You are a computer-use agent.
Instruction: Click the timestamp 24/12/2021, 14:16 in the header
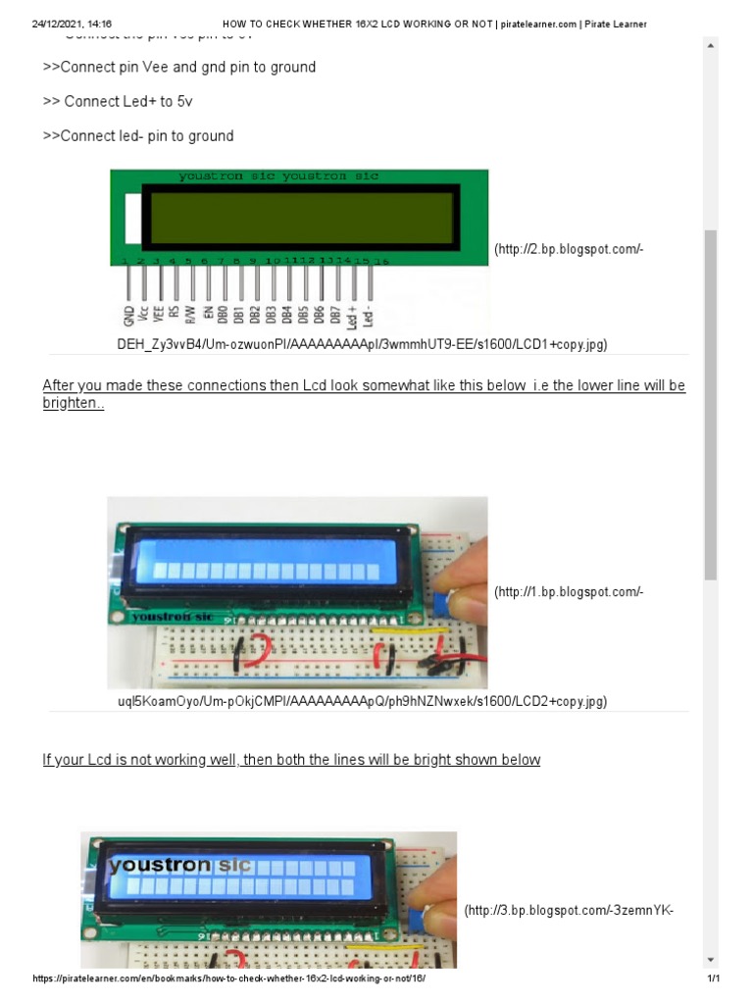click(72, 24)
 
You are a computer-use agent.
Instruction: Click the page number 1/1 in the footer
click(713, 979)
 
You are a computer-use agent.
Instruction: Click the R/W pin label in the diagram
click(192, 313)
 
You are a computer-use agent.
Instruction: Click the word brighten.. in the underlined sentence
click(73, 403)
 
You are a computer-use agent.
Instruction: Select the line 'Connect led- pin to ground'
click(137, 135)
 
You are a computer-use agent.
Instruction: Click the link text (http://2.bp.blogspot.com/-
click(569, 249)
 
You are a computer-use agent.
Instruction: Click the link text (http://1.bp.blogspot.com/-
click(569, 591)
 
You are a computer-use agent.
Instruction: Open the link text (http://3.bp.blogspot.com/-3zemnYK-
click(568, 911)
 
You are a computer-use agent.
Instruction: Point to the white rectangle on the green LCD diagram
click(132, 217)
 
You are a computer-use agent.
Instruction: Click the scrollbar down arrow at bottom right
click(711, 959)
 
